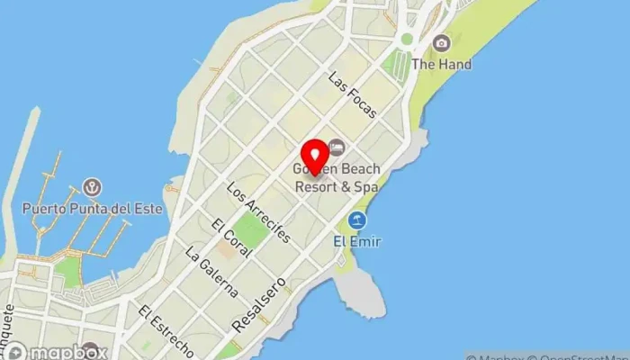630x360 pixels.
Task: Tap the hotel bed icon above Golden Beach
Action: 337,147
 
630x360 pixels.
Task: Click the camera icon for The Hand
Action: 441,43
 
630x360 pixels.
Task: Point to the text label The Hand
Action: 441,65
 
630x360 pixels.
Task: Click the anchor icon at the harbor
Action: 91,187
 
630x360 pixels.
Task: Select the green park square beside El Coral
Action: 251,231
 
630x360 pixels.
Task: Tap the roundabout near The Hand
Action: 407,40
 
